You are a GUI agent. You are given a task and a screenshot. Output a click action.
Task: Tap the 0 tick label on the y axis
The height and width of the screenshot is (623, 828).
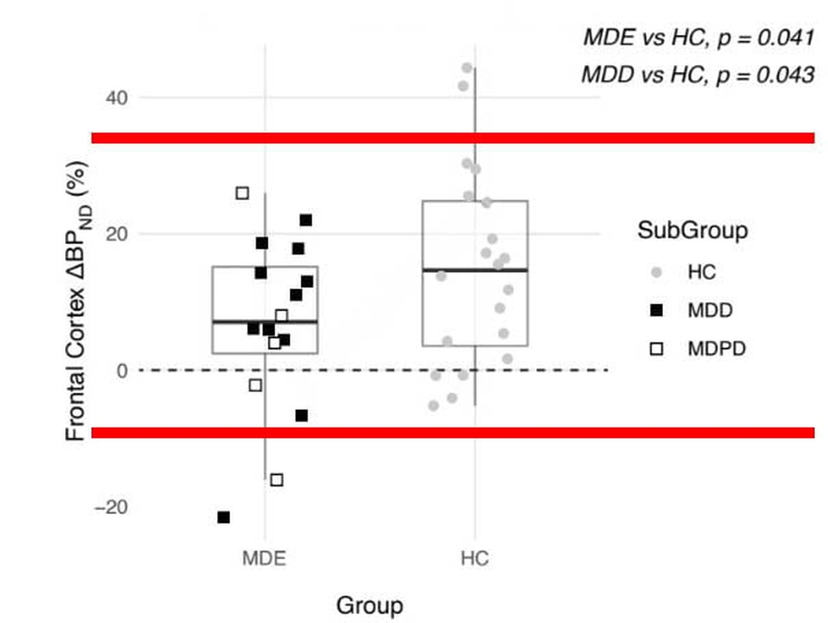tap(122, 370)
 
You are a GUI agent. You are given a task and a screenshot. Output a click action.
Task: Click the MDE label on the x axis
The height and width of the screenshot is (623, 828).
tap(264, 559)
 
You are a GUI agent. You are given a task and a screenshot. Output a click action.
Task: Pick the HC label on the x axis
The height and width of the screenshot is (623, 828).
tap(474, 559)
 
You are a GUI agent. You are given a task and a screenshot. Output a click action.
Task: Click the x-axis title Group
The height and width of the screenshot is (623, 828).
tap(369, 606)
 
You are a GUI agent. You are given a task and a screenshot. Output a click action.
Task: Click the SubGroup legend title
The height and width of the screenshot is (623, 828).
tap(692, 231)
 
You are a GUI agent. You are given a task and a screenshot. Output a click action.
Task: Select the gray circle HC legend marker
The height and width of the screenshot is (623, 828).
tap(657, 272)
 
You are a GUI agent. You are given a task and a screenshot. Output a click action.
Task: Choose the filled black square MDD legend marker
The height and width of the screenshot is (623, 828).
tap(657, 311)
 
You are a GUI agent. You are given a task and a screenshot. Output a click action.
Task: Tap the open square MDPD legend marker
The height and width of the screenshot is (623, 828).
tap(657, 349)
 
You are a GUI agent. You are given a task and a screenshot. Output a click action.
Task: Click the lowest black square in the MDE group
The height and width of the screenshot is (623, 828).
tap(224, 517)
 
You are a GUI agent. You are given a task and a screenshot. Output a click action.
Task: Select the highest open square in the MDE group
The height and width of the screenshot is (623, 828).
tap(242, 193)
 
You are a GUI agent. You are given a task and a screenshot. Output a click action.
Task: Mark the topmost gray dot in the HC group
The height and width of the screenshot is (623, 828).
tap(467, 68)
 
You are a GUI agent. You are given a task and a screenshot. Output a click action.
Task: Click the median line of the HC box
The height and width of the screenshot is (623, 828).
tap(475, 270)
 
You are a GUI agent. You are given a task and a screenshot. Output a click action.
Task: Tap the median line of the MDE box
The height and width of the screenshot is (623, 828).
tap(266, 321)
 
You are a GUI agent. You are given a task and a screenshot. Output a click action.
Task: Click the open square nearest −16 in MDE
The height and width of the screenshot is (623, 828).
tap(276, 480)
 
